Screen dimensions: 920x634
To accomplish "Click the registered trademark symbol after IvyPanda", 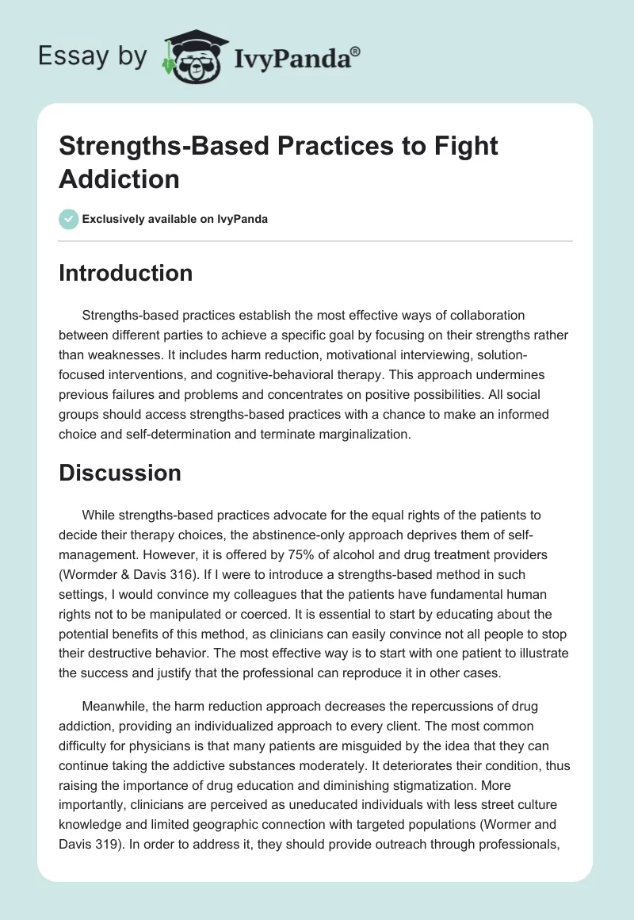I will [x=355, y=52].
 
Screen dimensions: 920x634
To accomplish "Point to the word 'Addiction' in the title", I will [x=119, y=178].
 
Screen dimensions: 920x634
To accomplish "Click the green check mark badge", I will [x=69, y=219].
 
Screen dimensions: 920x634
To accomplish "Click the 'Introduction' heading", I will [x=126, y=273].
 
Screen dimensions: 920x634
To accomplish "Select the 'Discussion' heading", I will [x=120, y=473].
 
